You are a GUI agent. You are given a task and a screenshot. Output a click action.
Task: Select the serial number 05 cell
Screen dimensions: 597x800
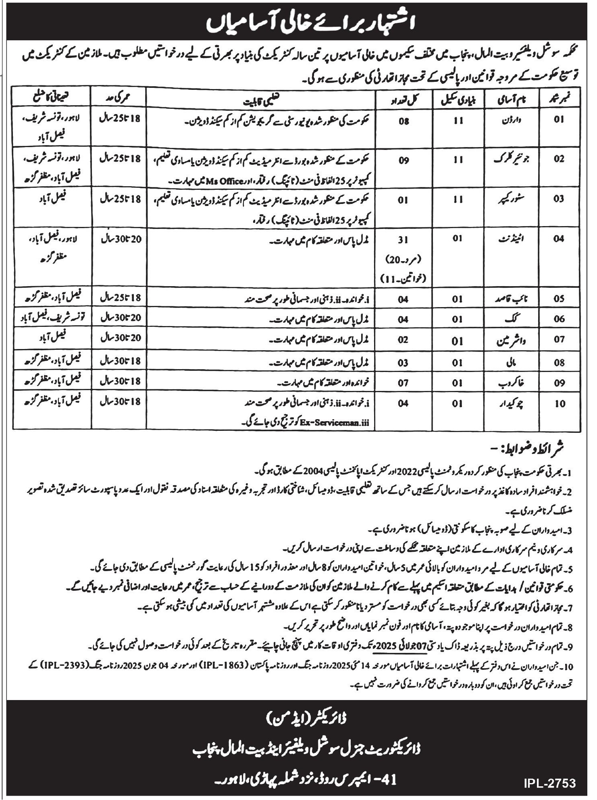click(x=559, y=299)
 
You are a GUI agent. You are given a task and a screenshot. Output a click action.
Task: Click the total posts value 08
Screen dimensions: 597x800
click(x=404, y=120)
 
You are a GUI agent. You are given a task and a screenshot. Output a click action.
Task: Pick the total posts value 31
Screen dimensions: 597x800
click(x=404, y=239)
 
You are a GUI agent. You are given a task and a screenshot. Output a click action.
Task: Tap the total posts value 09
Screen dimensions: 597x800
click(x=404, y=160)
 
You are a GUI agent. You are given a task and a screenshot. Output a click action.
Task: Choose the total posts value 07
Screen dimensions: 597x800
click(x=404, y=382)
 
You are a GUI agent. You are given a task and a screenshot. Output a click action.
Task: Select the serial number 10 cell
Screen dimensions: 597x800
click(x=559, y=403)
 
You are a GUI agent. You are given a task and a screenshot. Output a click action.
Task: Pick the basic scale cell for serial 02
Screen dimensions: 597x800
click(x=458, y=160)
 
